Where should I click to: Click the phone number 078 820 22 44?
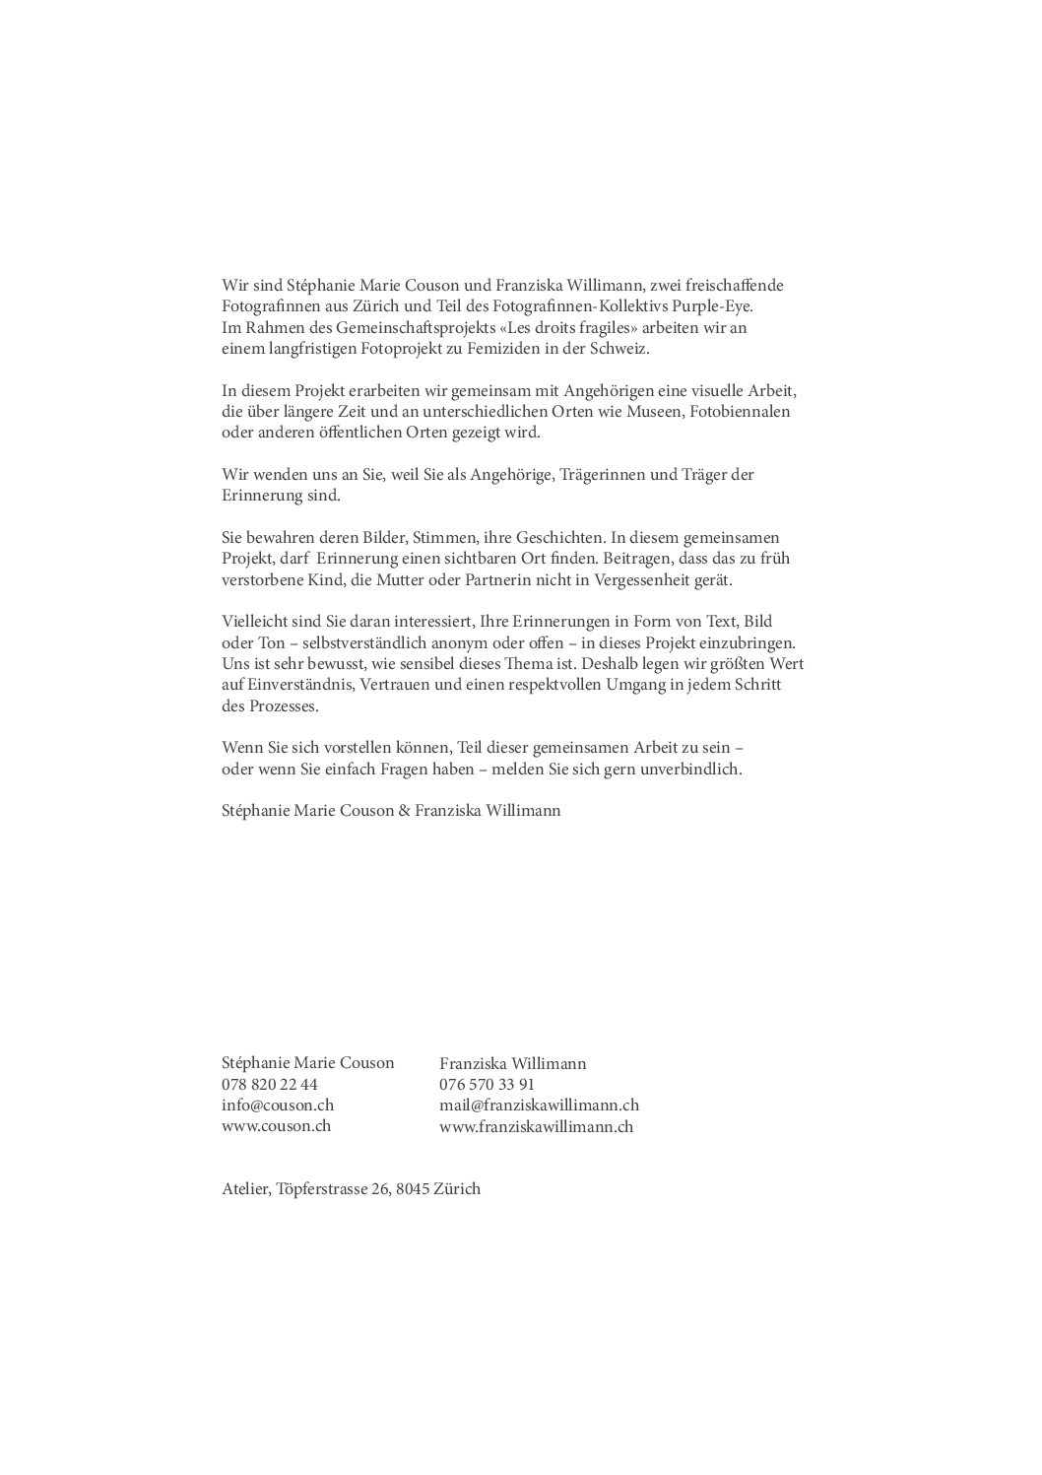pyautogui.click(x=270, y=1084)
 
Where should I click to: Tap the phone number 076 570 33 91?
pyautogui.click(x=488, y=1085)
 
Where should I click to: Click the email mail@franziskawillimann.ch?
pyautogui.click(x=540, y=1106)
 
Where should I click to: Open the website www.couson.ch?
pyautogui.click(x=276, y=1126)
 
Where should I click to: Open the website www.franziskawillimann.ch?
pyautogui.click(x=536, y=1127)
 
